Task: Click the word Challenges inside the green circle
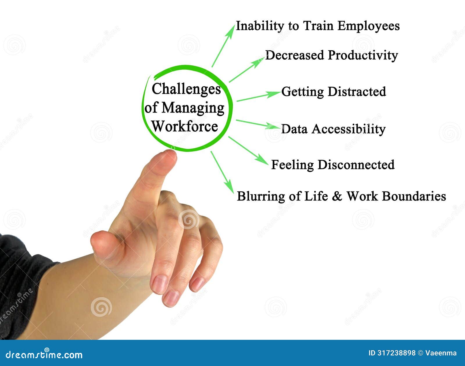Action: coord(186,89)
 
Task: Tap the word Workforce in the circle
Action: coord(185,126)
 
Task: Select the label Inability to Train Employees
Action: coord(317,26)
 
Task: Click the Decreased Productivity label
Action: coord(331,55)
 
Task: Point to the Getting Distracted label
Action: coord(333,92)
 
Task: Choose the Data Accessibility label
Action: coord(333,129)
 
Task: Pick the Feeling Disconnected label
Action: coord(332,165)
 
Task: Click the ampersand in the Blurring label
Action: coord(337,196)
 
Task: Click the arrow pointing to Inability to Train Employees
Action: coord(223,46)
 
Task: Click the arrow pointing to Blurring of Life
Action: coord(222,172)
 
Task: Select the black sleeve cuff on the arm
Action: coord(23,279)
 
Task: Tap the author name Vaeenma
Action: coord(441,353)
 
